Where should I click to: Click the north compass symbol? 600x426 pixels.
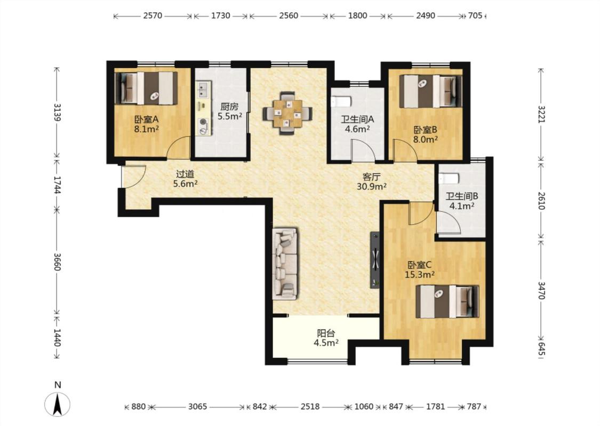point(58,404)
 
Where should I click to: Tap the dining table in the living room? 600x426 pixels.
point(287,113)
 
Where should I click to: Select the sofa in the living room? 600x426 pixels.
point(285,264)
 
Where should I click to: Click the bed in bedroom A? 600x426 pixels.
point(146,88)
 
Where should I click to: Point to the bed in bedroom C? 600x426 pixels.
point(447,301)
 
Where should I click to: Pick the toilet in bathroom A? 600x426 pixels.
point(341,102)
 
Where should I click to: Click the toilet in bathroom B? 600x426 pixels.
point(449,178)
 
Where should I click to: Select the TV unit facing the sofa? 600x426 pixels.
point(375,260)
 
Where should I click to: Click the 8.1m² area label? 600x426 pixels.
point(147,129)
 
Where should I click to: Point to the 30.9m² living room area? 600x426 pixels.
point(371,186)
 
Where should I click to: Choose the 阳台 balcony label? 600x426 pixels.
point(326,333)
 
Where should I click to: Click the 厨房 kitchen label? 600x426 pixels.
point(229,107)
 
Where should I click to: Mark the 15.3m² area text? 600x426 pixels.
point(420,275)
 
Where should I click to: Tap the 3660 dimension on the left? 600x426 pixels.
point(57,261)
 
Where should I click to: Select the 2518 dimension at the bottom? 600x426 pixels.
point(310,406)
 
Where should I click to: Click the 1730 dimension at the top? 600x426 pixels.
point(221,15)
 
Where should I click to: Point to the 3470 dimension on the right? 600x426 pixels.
point(542,290)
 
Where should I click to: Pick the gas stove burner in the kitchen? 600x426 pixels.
point(203,123)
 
